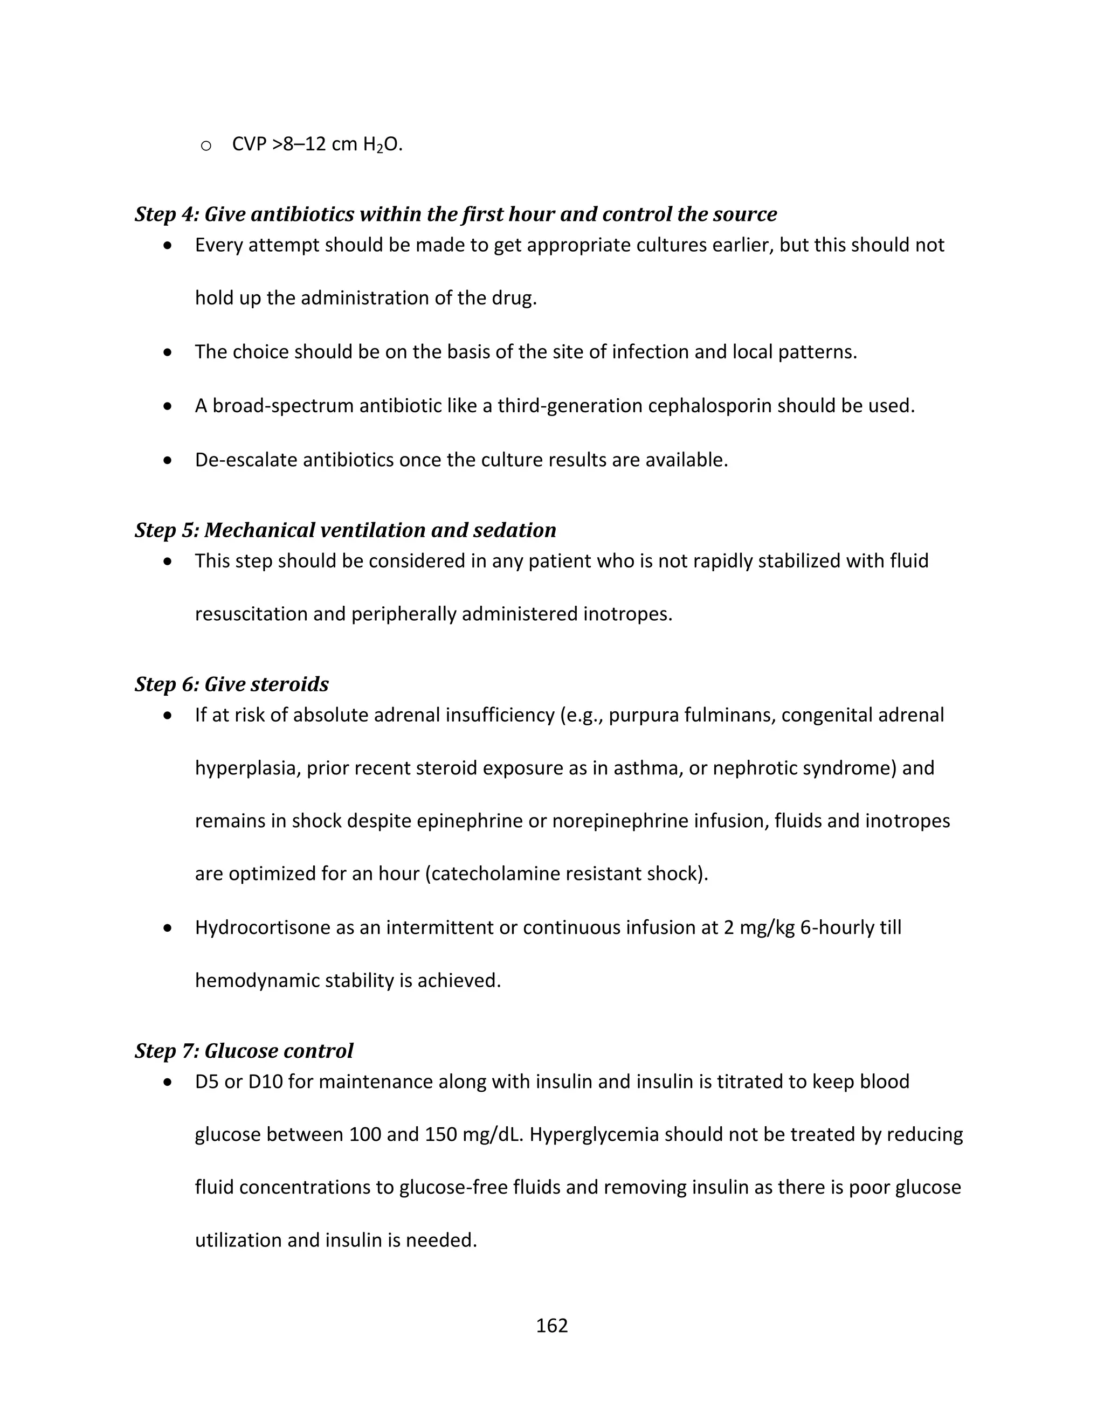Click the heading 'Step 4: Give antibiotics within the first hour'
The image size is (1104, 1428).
point(455,214)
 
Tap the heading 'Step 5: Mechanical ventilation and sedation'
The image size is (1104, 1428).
point(346,530)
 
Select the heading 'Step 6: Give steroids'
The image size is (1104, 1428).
point(231,684)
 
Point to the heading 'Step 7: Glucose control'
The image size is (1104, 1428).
point(244,1051)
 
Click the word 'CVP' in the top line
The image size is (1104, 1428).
point(249,144)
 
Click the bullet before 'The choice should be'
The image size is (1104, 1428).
point(168,352)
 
